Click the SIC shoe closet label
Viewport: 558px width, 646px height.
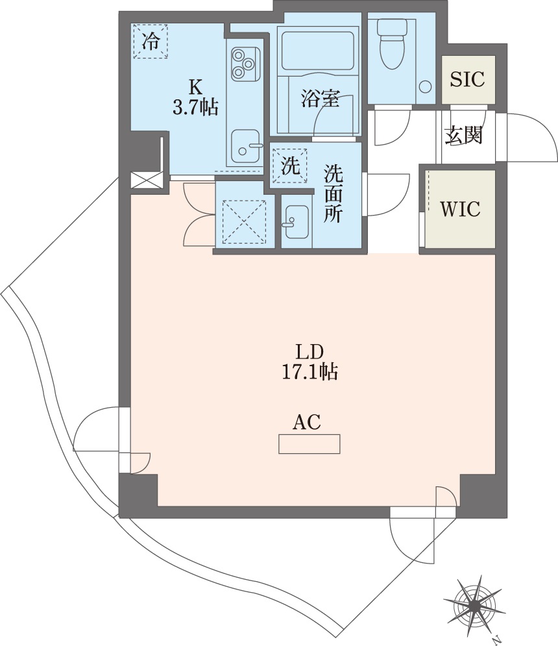(x=467, y=79)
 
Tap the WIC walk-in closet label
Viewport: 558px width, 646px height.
(x=459, y=209)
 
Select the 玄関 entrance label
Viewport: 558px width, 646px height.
(x=463, y=135)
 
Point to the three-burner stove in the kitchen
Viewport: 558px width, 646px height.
(x=245, y=63)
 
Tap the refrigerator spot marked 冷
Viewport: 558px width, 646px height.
(x=151, y=42)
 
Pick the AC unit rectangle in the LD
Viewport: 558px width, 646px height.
(x=309, y=444)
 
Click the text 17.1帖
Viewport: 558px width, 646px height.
(x=308, y=372)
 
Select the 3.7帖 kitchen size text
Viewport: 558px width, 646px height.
(x=195, y=107)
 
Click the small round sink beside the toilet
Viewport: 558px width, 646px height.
(x=425, y=87)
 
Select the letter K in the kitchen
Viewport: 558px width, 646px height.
(x=194, y=86)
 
